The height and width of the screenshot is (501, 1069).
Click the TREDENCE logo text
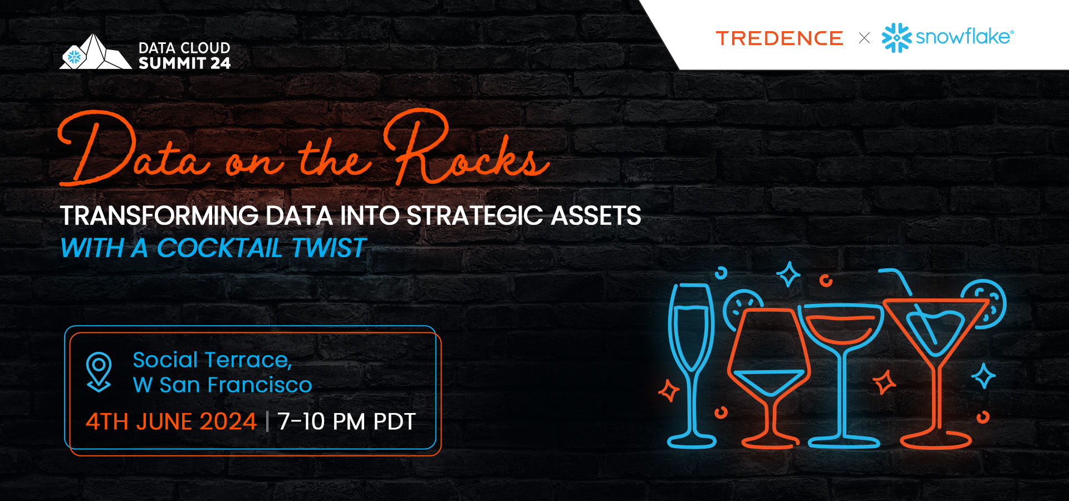point(779,38)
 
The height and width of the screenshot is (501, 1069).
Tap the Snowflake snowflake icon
point(896,38)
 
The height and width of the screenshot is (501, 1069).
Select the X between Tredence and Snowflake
point(864,38)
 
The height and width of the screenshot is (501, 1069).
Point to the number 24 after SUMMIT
point(220,63)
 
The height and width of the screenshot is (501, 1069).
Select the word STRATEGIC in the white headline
point(475,215)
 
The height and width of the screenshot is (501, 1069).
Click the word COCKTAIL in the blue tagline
point(219,248)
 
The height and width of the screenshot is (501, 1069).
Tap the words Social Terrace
point(212,360)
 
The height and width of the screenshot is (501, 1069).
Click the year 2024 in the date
point(228,421)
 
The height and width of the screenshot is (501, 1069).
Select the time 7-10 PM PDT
point(346,421)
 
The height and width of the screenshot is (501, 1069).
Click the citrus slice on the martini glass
point(987,303)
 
